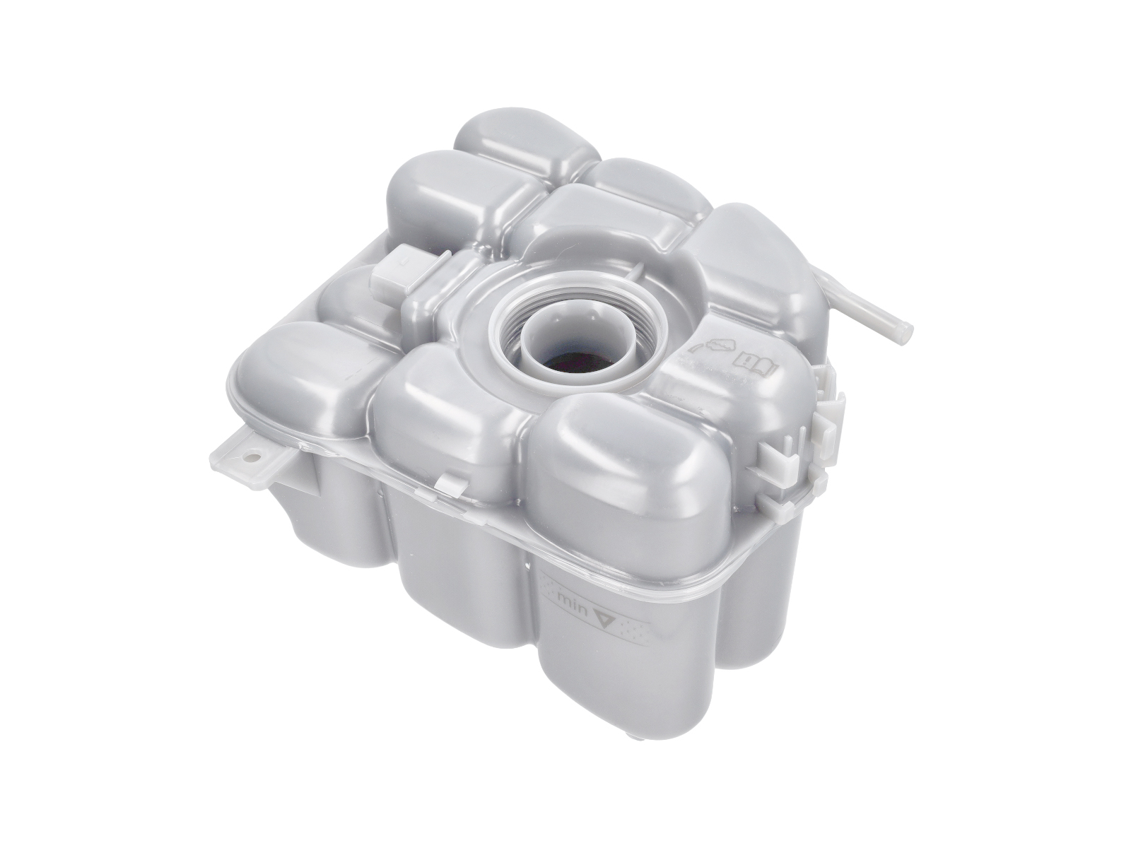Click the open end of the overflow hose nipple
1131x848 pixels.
(902, 330)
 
